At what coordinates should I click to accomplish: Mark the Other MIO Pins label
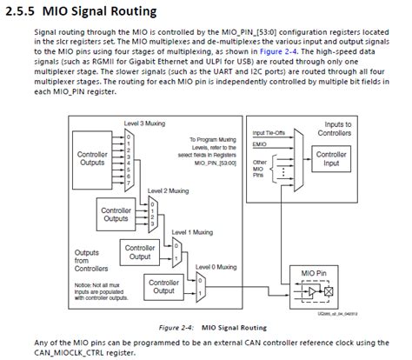click(259, 170)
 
